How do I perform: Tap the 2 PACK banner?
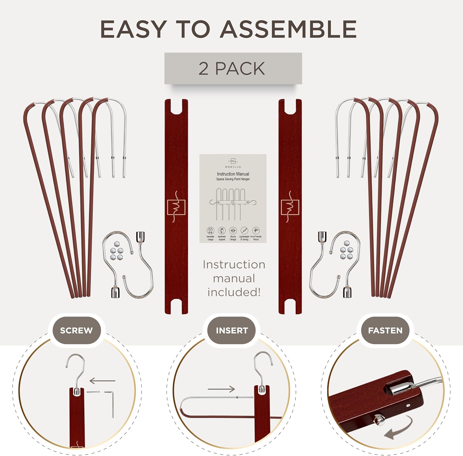[x=233, y=68]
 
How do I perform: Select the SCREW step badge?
[x=76, y=331]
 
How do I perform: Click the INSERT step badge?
[x=232, y=331]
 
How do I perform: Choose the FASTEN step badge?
[x=385, y=331]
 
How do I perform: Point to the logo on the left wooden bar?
[x=176, y=207]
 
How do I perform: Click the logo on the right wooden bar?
[x=290, y=207]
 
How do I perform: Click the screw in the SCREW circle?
[x=93, y=392]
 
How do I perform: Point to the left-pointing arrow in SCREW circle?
[x=102, y=381]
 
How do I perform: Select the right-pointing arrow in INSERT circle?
[x=221, y=389]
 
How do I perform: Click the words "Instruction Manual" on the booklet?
[x=233, y=174]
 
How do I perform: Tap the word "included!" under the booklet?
[x=234, y=292]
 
